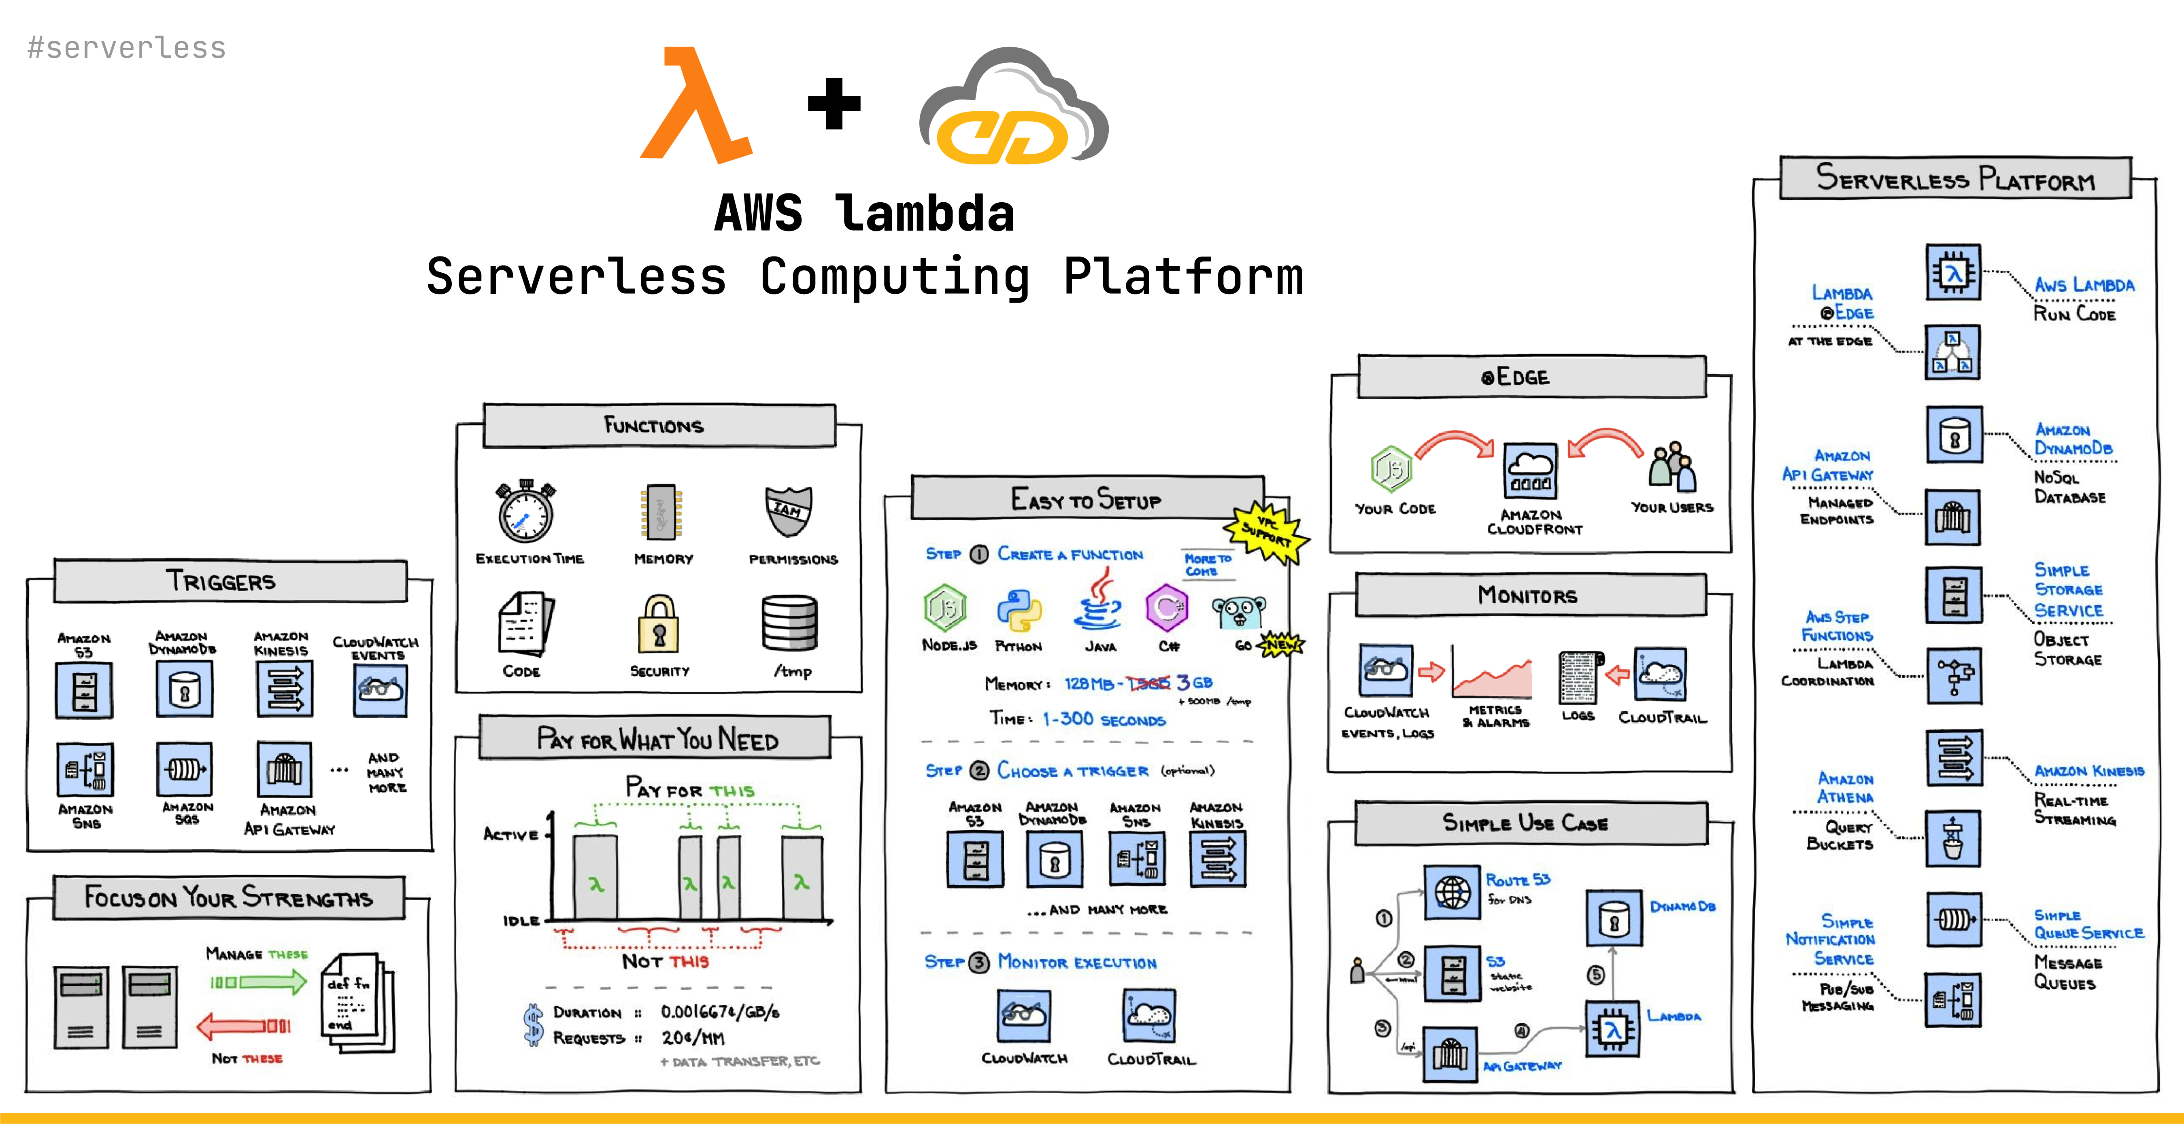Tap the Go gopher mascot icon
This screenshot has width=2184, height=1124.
click(1239, 610)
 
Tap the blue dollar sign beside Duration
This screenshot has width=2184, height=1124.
click(532, 1025)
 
